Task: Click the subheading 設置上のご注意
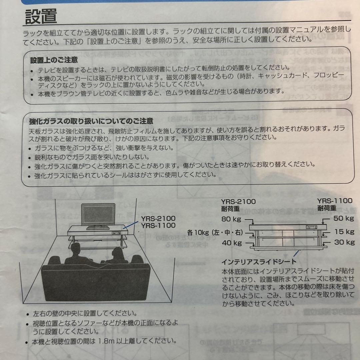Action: click(54, 60)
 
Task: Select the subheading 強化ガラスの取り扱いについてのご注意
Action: click(91, 121)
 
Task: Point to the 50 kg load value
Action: click(344, 219)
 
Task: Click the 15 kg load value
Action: click(344, 231)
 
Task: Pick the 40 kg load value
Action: click(231, 243)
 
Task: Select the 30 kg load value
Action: click(344, 242)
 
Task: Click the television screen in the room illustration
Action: click(98, 216)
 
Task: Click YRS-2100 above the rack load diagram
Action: click(238, 201)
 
